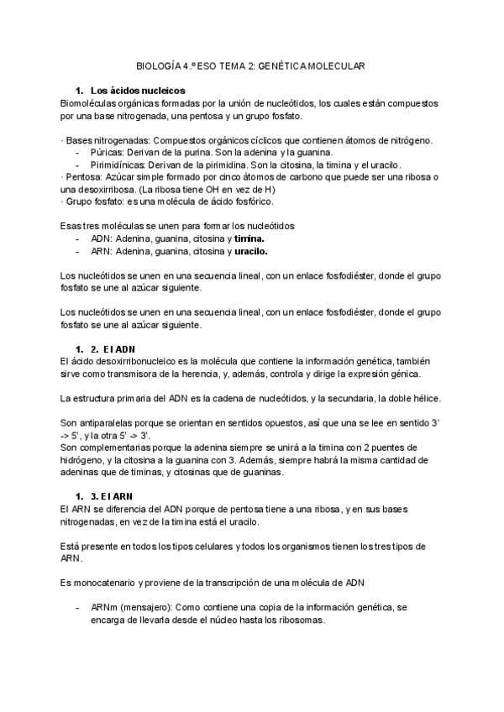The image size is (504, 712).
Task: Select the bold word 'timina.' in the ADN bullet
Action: [x=249, y=239]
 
